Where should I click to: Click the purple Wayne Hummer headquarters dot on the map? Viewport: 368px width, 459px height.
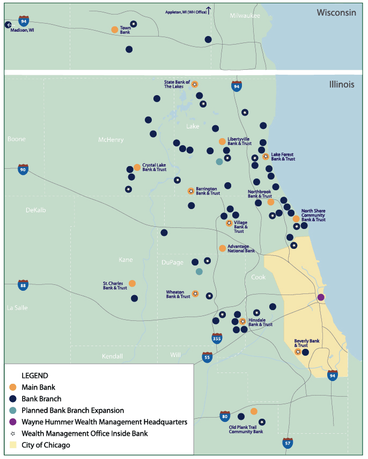[x=321, y=297]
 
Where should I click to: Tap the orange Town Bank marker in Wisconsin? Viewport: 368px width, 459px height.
[x=114, y=30]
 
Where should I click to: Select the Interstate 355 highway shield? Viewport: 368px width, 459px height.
[x=217, y=338]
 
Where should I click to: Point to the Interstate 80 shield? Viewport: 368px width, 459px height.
[x=225, y=416]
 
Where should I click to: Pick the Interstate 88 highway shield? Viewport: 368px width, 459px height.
[x=23, y=285]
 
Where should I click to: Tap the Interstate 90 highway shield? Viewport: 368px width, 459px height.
[x=23, y=170]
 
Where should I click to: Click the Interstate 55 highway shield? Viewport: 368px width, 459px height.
[x=207, y=357]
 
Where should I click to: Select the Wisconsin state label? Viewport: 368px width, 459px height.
[x=336, y=12]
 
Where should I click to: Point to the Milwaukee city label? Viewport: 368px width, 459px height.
[x=245, y=16]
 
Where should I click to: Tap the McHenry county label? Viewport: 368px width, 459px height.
[x=111, y=140]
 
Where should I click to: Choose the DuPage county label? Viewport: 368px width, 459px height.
[x=173, y=262]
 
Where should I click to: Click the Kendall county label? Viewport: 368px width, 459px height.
[x=112, y=356]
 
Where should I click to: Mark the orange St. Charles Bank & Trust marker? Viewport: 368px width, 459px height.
[x=132, y=283]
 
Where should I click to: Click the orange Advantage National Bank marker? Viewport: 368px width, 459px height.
[x=222, y=248]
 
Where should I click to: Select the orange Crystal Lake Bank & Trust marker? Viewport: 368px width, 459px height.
[x=137, y=167]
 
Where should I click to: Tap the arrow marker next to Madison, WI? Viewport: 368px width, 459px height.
[x=8, y=25]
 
